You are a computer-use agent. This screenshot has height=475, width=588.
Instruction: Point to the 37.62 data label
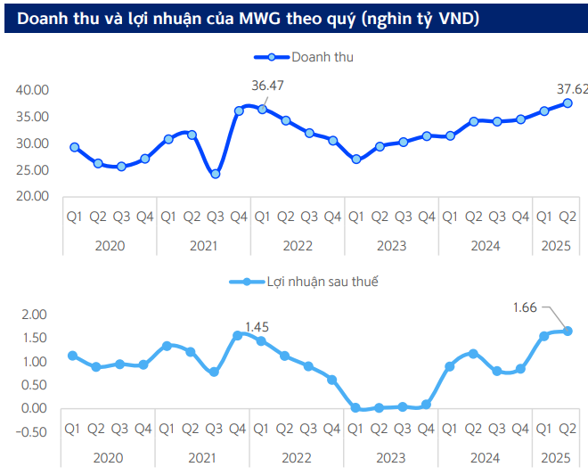click(572, 89)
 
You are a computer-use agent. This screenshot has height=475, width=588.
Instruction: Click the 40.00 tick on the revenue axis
click(32, 90)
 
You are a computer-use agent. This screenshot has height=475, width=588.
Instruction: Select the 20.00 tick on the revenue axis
click(32, 196)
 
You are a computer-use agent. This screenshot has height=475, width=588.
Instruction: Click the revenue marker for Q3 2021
click(215, 174)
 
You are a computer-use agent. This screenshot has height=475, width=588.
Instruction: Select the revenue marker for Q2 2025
click(567, 102)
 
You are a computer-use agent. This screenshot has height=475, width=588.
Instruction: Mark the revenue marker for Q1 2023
click(355, 159)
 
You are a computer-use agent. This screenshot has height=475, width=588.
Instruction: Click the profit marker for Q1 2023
click(355, 407)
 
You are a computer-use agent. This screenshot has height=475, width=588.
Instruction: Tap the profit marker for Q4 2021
click(238, 335)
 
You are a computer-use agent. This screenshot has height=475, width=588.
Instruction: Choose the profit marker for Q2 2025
click(567, 331)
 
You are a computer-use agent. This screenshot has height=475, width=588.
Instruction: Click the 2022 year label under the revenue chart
click(297, 245)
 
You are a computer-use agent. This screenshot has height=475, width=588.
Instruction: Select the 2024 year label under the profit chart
click(485, 457)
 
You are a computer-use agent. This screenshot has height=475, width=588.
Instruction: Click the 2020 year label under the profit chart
click(109, 457)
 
